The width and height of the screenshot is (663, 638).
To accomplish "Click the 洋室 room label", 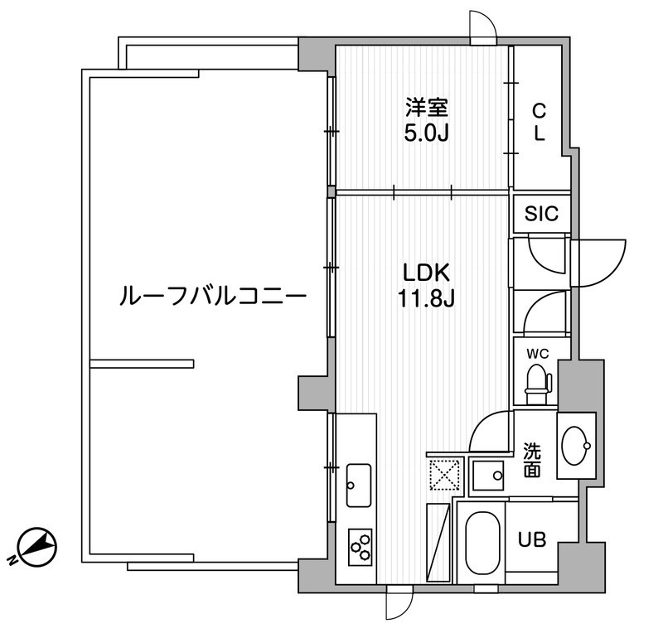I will (426, 107).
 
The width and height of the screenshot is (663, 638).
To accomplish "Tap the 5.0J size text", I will (426, 133).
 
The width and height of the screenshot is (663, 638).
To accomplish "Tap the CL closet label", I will (539, 121).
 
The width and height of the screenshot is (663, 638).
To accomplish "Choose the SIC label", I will (541, 214).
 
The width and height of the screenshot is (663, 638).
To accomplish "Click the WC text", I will (539, 354).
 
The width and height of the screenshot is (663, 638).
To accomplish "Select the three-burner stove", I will (361, 546).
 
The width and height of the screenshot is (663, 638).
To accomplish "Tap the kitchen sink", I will (360, 484).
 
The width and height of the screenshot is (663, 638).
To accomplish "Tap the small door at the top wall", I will (482, 27).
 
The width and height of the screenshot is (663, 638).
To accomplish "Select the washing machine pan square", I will (488, 476).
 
